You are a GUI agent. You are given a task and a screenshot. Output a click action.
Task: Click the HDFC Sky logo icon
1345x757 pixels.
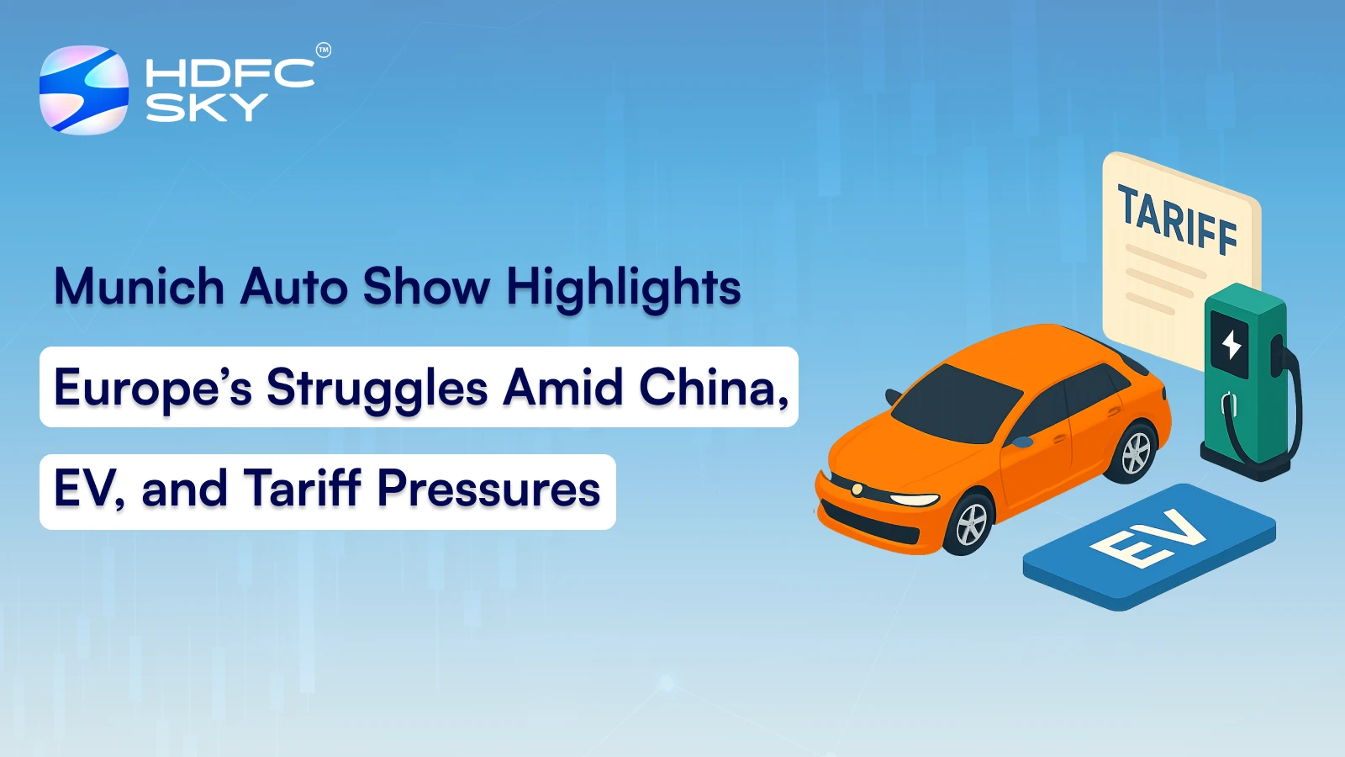tap(84, 89)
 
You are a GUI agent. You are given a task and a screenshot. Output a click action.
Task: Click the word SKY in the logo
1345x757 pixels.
tap(207, 108)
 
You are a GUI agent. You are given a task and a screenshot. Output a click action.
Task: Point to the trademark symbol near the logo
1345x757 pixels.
tap(323, 50)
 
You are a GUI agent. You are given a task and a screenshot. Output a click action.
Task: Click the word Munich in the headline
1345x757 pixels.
tap(140, 286)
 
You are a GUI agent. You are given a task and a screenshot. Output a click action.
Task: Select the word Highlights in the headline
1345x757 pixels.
tap(623, 289)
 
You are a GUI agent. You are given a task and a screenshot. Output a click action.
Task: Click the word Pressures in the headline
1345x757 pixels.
tap(488, 489)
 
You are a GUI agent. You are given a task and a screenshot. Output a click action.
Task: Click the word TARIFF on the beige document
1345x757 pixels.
tap(1177, 220)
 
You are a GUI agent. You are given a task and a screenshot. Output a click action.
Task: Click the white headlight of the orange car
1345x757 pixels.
tap(914, 500)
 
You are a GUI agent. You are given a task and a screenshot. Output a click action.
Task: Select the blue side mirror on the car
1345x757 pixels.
tap(1022, 442)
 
